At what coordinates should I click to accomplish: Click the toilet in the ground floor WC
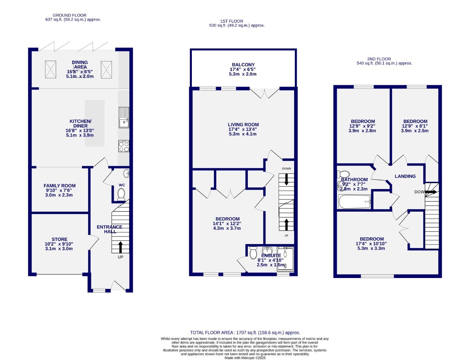121,194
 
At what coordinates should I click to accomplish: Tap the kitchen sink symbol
124,118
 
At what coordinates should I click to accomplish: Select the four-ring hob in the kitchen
124,146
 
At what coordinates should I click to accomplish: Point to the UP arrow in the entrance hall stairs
120,247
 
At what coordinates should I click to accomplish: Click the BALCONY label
243,65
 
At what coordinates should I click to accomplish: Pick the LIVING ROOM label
243,125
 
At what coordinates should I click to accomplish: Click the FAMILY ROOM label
60,186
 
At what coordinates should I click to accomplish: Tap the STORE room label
60,239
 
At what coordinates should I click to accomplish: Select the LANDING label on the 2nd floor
405,176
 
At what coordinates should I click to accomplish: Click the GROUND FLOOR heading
69,15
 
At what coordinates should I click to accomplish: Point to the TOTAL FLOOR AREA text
245,332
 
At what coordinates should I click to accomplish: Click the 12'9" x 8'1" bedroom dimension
415,126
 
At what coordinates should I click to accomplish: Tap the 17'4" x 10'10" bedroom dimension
371,244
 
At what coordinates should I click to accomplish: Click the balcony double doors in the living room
265,93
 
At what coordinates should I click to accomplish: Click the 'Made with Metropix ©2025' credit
245,358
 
